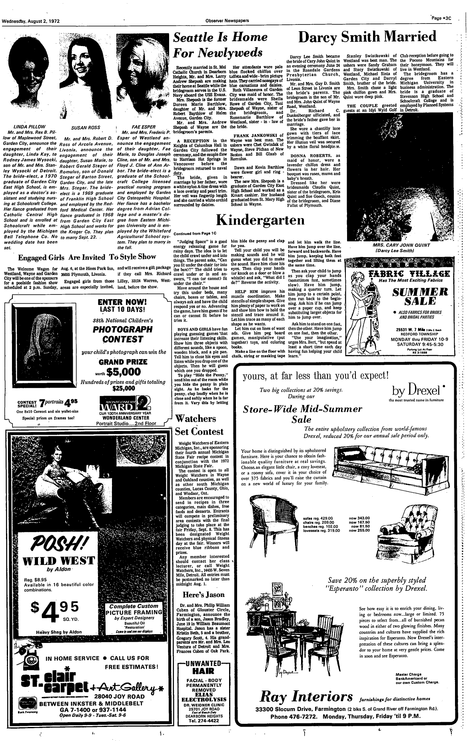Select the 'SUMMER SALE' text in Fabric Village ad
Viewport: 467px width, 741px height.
pos(406,296)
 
